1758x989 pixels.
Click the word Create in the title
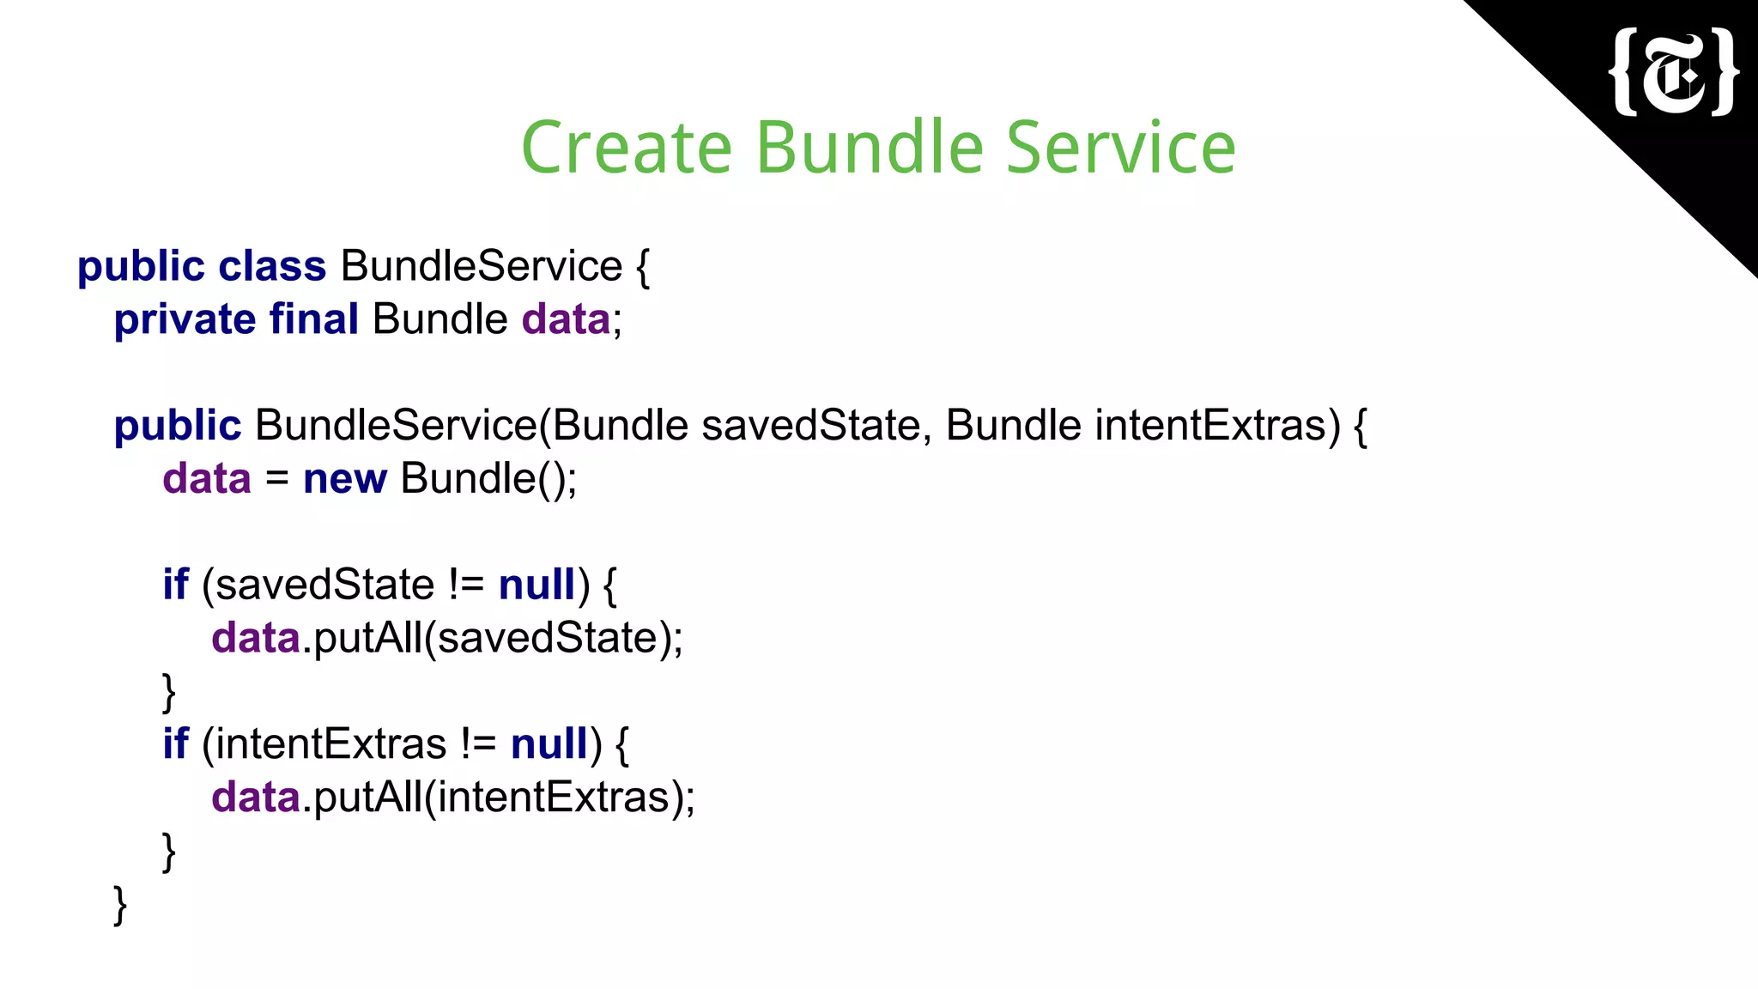pos(627,148)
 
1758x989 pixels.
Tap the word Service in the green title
pos(1120,148)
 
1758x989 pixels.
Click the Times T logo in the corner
pos(1675,72)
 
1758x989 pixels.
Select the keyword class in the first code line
pos(272,266)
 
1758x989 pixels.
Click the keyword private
pos(185,319)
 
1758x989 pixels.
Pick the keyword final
pos(314,319)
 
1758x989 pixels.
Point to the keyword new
pos(345,479)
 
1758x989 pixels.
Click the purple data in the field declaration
pos(566,319)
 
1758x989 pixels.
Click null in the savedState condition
pos(537,585)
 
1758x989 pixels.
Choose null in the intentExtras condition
pos(549,744)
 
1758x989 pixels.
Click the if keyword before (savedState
pos(175,585)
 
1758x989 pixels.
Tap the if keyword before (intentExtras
pos(175,744)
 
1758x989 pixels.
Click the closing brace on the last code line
pos(120,906)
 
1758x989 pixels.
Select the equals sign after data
pos(276,479)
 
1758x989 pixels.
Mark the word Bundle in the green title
pos(869,148)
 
